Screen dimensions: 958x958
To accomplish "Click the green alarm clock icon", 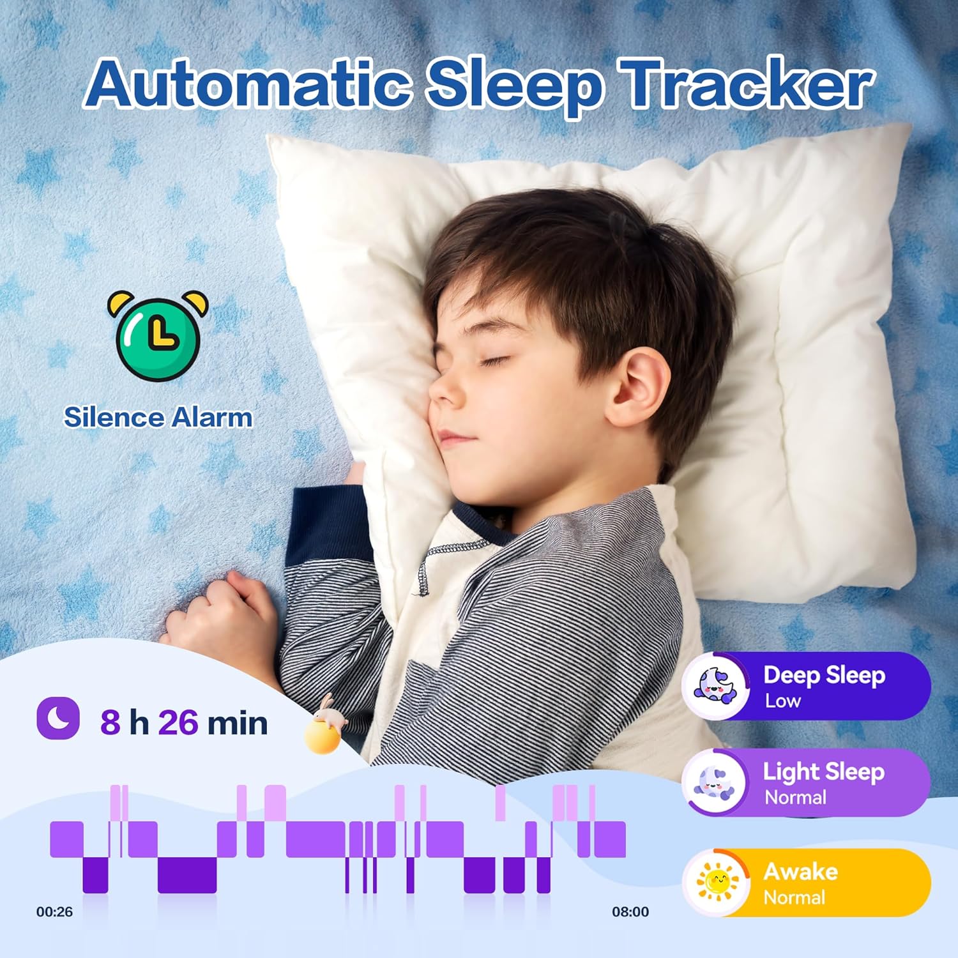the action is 158,335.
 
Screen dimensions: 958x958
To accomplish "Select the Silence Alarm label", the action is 158,418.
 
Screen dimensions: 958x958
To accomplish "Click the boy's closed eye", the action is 492,362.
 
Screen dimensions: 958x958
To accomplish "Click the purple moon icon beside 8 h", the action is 58,717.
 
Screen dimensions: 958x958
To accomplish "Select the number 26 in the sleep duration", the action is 178,722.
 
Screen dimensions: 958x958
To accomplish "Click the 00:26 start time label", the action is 54,912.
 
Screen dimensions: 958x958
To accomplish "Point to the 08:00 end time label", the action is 630,912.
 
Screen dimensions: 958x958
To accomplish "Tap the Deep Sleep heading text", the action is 824,675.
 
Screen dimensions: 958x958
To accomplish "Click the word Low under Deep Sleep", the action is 783,701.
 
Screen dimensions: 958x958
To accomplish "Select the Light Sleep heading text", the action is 824,772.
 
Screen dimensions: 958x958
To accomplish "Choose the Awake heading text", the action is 801,872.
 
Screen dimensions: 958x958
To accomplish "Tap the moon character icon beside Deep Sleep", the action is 716,686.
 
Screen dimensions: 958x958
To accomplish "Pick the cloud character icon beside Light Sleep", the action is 715,783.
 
